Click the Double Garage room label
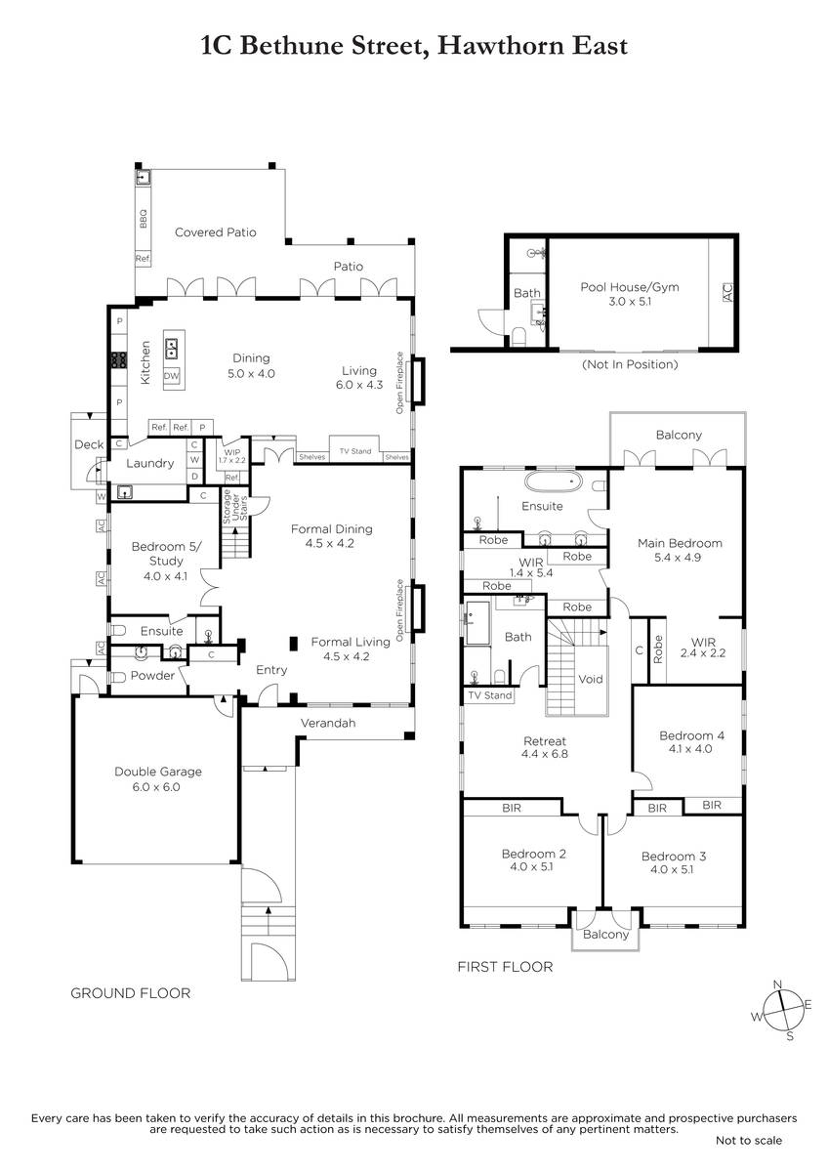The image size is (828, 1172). pyautogui.click(x=158, y=772)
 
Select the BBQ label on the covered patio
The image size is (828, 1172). pyautogui.click(x=144, y=219)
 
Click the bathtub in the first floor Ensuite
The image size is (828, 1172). pyautogui.click(x=553, y=481)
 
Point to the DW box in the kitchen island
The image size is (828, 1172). pyautogui.click(x=172, y=376)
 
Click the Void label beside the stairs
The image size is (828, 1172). pyautogui.click(x=591, y=679)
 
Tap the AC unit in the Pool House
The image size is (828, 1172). pyautogui.click(x=727, y=292)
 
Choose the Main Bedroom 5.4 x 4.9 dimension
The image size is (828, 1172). pyautogui.click(x=678, y=558)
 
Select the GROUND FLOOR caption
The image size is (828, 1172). pyautogui.click(x=130, y=993)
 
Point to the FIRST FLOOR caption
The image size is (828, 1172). pyautogui.click(x=505, y=966)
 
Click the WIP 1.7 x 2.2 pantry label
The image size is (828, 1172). pyautogui.click(x=232, y=456)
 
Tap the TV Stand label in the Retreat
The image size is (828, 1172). pyautogui.click(x=489, y=695)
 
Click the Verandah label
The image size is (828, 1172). pyautogui.click(x=328, y=723)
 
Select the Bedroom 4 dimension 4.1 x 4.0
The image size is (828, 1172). pyautogui.click(x=690, y=749)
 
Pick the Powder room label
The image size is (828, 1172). pyautogui.click(x=152, y=676)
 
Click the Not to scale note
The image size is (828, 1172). pyautogui.click(x=749, y=1140)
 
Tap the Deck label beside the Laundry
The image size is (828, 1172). pyautogui.click(x=89, y=444)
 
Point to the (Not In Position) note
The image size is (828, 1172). pyautogui.click(x=630, y=364)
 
